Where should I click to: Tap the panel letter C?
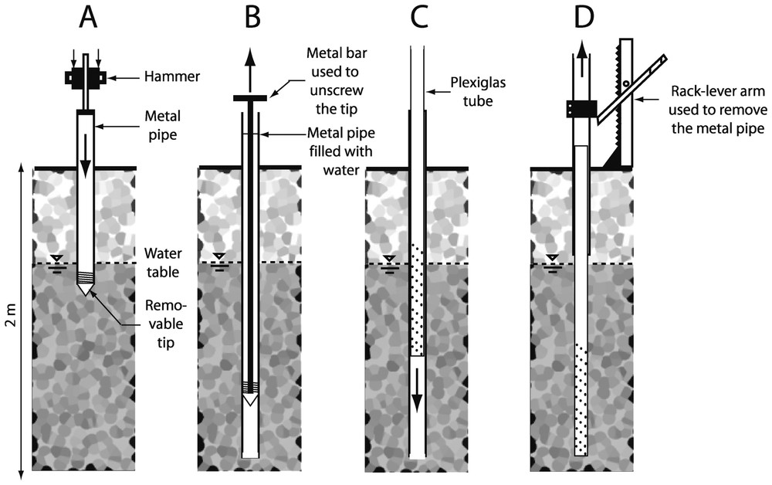coord(418,18)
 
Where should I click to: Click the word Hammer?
coord(167,77)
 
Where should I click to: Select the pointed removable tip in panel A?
coord(85,288)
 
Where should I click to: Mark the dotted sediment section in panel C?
coord(417,301)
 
